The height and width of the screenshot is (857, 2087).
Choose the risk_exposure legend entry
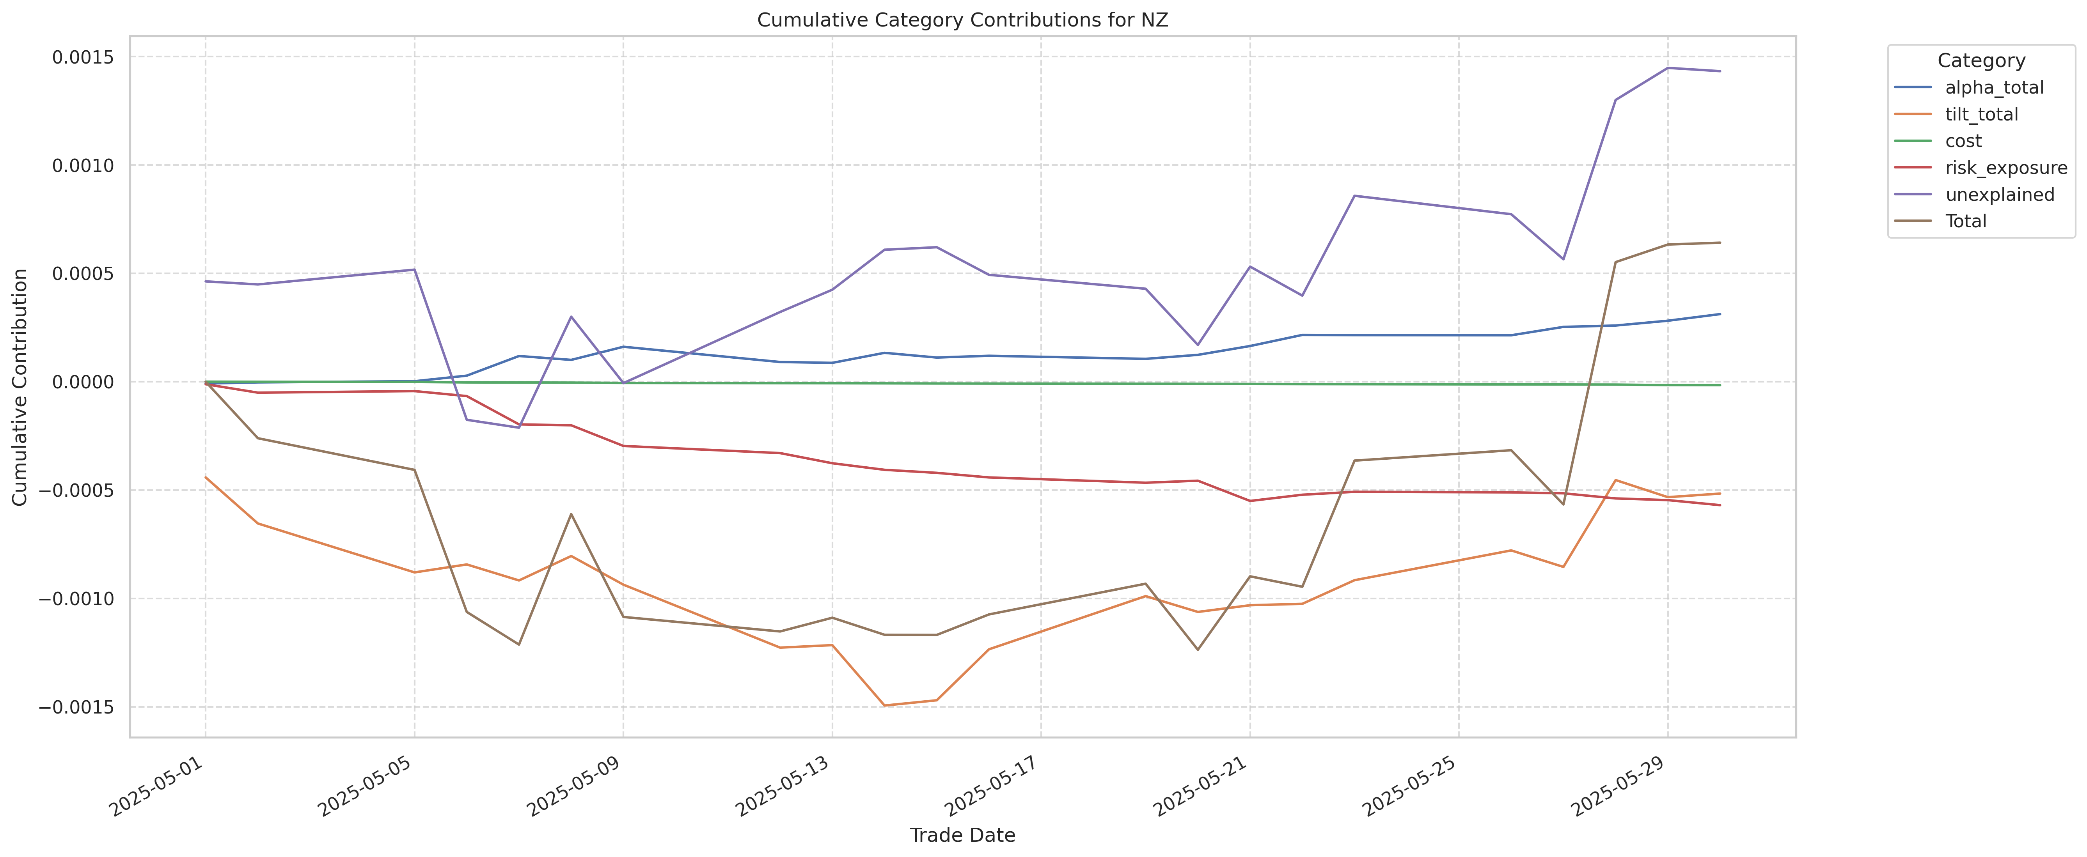point(2005,168)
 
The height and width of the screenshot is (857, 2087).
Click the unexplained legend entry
point(1999,195)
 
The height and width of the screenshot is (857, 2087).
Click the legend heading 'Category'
point(1981,61)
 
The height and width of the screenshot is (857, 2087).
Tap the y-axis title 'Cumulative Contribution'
point(20,387)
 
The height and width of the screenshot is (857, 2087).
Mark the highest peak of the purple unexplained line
point(1667,68)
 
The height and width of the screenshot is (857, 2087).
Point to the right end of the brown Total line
point(1719,242)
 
